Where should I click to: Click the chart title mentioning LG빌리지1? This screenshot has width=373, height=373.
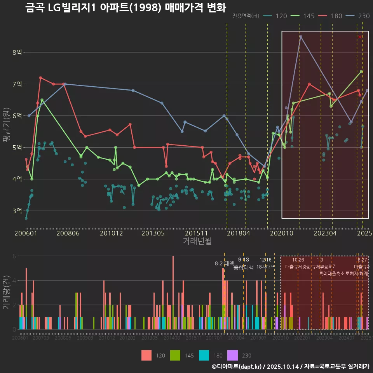[x=125, y=8]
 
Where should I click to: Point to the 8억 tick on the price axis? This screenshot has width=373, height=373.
[x=17, y=52]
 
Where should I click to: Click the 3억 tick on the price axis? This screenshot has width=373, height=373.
[x=17, y=211]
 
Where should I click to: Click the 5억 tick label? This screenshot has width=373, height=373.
[x=17, y=148]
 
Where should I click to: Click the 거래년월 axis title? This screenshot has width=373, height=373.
[x=197, y=241]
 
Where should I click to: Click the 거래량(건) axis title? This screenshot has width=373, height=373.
[x=7, y=293]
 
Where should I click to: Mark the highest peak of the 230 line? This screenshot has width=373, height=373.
[x=300, y=37]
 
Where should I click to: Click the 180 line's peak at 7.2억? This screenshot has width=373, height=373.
[x=40, y=78]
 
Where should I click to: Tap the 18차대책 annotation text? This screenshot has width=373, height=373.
[x=266, y=267]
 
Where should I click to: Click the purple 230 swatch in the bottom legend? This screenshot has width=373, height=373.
[x=233, y=356]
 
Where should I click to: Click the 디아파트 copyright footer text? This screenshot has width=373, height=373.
[x=290, y=366]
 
